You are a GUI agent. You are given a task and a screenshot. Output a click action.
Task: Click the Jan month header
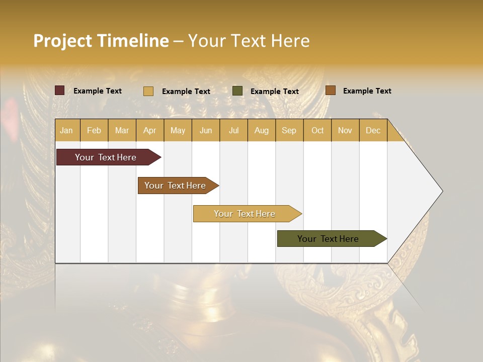pos(66,131)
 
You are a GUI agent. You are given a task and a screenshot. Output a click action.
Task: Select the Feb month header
pos(94,131)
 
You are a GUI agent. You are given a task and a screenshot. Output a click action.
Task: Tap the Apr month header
pos(149,131)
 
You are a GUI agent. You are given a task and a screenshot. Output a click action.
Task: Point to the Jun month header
pos(206,131)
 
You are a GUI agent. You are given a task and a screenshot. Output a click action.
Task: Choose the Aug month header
pos(261,131)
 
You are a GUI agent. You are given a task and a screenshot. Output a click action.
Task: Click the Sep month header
pos(289,131)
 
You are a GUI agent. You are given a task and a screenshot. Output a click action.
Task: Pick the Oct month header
pos(317,131)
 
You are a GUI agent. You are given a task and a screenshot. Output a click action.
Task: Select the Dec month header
pos(373,131)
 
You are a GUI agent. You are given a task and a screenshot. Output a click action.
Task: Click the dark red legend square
pos(60,90)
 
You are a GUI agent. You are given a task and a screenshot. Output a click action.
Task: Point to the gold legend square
pos(148,91)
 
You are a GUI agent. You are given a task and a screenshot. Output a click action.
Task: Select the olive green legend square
pos(237,91)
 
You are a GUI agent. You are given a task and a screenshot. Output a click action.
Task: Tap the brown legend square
pos(330,90)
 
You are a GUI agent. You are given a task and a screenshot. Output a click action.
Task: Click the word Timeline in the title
pos(133,41)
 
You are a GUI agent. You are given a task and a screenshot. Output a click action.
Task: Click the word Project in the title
pos(62,41)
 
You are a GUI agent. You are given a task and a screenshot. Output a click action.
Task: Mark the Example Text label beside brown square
pos(367,91)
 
